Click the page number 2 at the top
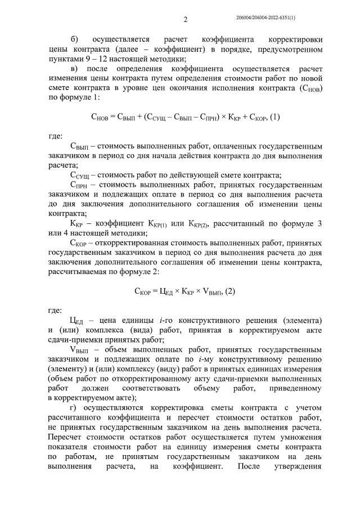point(185,20)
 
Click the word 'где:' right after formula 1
point(56,136)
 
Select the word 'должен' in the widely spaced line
point(107,388)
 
